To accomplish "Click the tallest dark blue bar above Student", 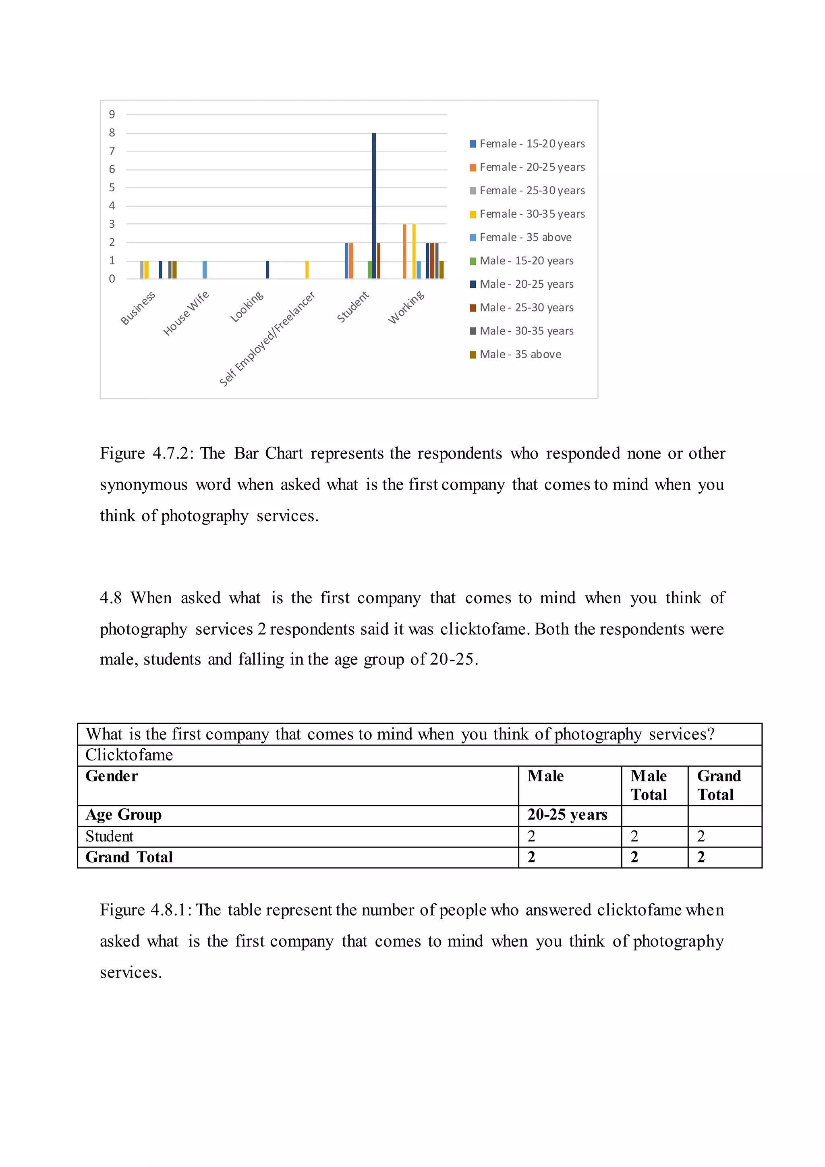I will (x=374, y=206).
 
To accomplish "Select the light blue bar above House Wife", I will (x=205, y=270).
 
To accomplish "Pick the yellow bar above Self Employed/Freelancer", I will (x=307, y=270).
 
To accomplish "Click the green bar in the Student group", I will (x=370, y=270).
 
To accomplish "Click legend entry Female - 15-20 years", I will (x=531, y=144).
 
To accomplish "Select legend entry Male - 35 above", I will (x=520, y=354).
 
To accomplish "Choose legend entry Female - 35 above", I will (x=525, y=237).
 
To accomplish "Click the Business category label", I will (x=138, y=308).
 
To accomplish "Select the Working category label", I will (x=406, y=307).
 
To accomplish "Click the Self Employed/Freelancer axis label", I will (x=267, y=338).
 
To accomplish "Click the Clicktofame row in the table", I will (x=129, y=755).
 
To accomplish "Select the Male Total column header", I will (x=649, y=785).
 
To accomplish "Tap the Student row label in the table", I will (x=109, y=836).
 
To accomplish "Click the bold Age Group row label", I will (x=123, y=815).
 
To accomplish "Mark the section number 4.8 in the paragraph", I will (x=111, y=598).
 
